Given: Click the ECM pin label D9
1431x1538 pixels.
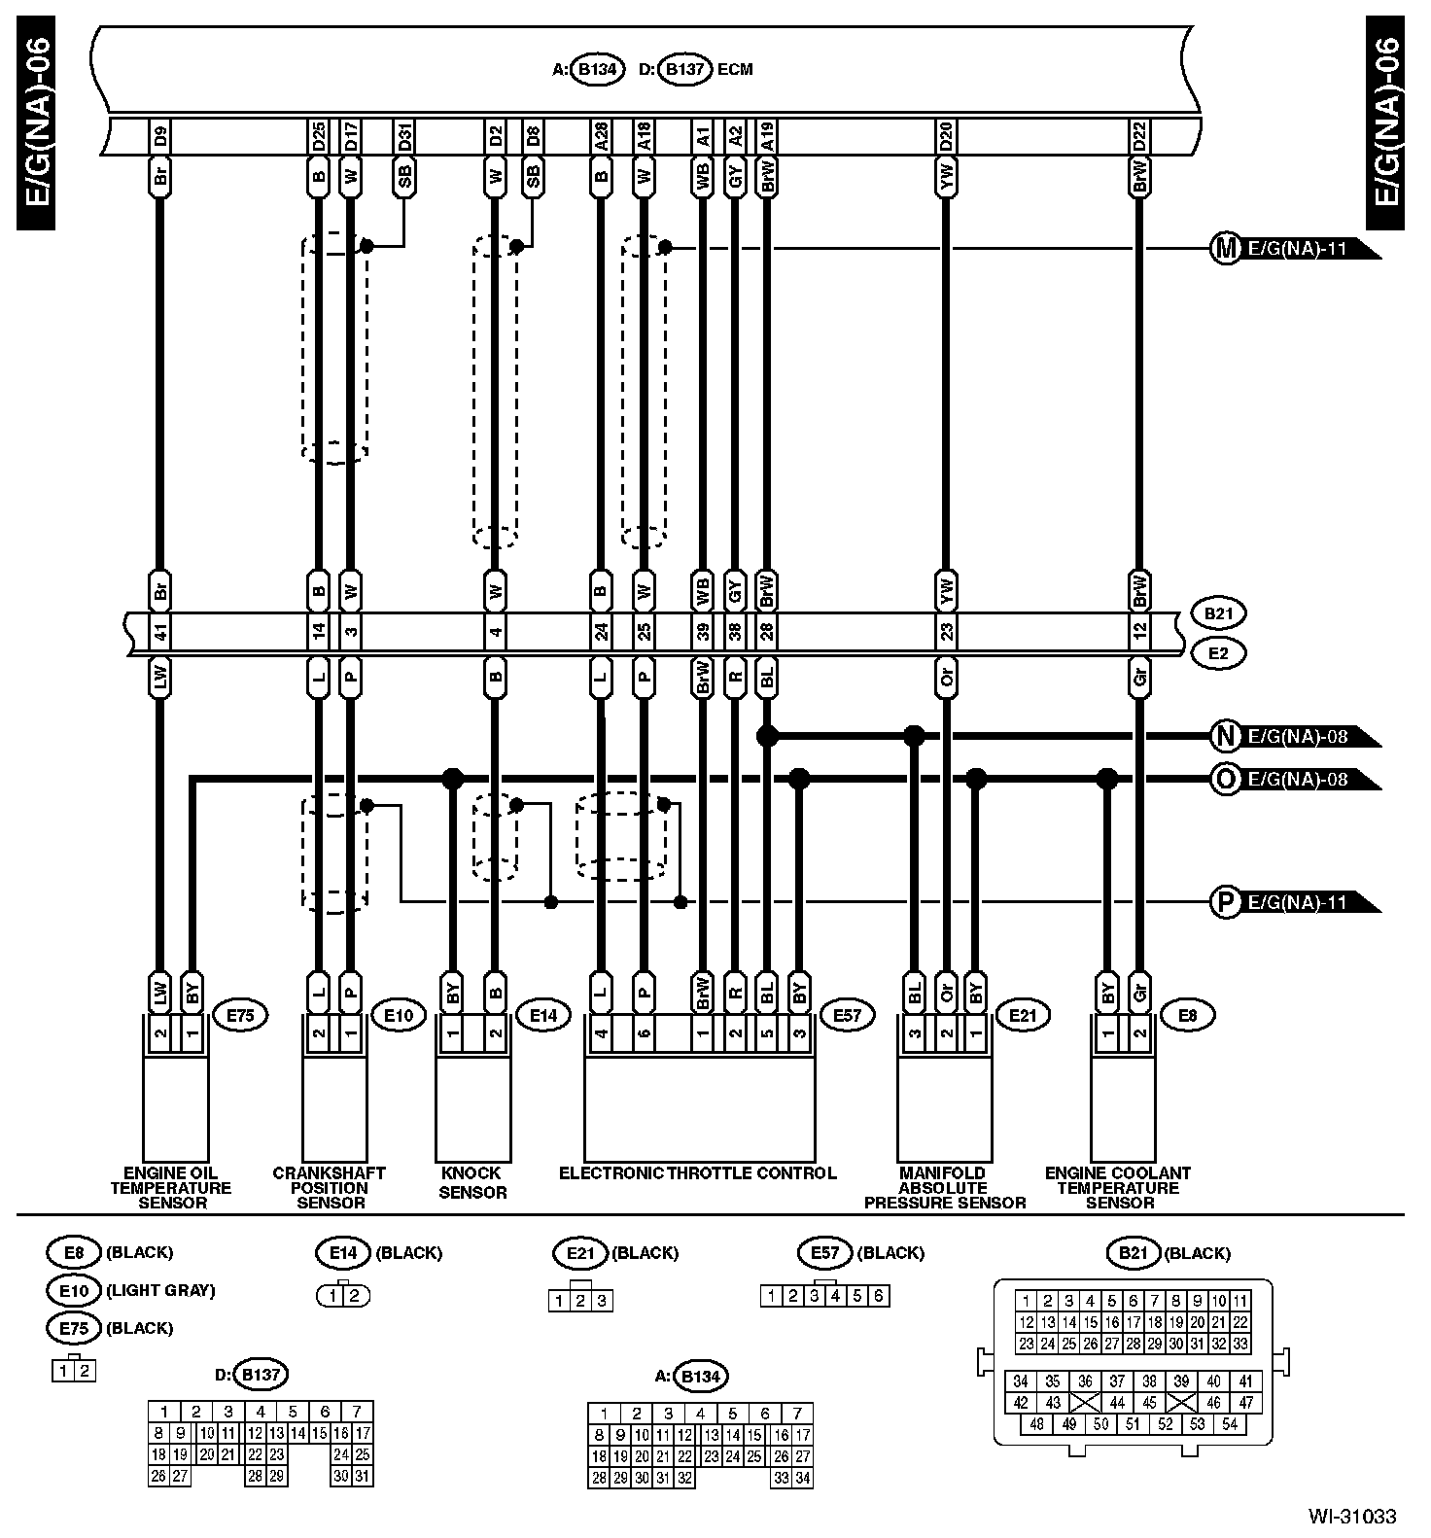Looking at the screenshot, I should [x=160, y=135].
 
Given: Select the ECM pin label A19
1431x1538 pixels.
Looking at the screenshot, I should [x=767, y=135].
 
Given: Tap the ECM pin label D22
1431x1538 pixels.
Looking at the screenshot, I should [x=1139, y=135].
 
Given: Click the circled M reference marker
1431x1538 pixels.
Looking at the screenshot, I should [x=1225, y=248].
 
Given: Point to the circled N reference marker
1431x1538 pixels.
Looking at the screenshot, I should [x=1225, y=736].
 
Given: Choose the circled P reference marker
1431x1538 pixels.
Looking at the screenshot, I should [x=1225, y=902].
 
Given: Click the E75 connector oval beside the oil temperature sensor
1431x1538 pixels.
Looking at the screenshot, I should [x=239, y=1016].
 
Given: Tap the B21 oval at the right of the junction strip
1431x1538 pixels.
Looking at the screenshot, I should [x=1218, y=614].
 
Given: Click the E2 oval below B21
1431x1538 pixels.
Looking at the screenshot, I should [x=1218, y=653].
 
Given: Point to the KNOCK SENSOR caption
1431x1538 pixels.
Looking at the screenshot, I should [x=472, y=1182].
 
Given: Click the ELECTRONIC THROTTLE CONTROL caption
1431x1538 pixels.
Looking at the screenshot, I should [x=697, y=1173].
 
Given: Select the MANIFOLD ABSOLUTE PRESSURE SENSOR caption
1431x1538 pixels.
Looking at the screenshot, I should [x=944, y=1188].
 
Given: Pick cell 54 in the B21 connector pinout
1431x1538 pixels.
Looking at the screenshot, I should [x=1230, y=1424].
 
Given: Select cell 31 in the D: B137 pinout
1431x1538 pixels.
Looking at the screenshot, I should [x=363, y=1476].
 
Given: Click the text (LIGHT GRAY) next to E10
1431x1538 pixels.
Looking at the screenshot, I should [x=160, y=1291].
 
